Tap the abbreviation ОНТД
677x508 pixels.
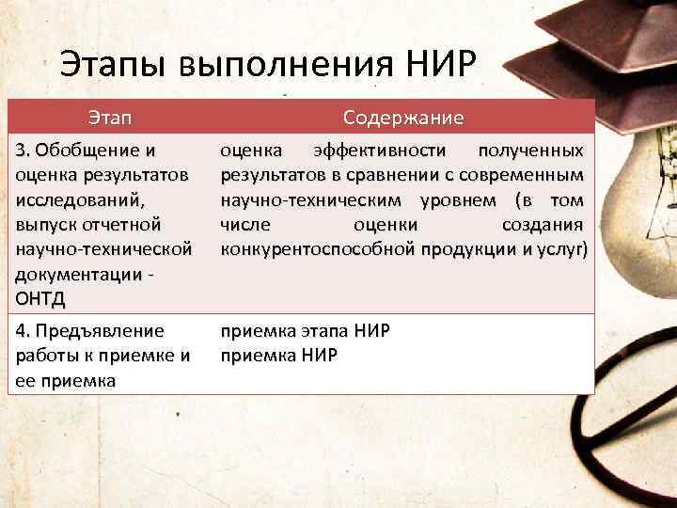coord(44,298)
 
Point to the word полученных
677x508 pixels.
coord(529,150)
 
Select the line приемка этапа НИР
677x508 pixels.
coord(305,331)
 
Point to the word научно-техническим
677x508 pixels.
coord(314,199)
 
